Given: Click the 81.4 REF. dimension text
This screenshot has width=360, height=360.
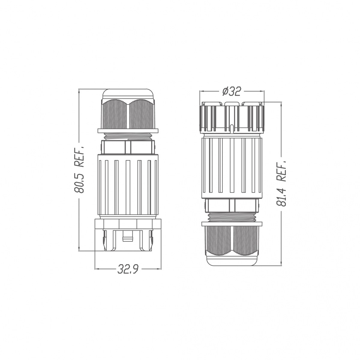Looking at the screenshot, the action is (281, 183).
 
